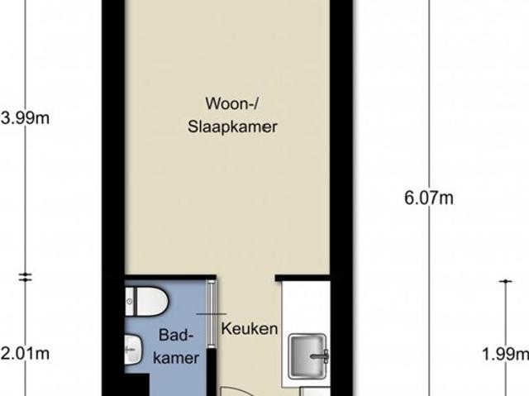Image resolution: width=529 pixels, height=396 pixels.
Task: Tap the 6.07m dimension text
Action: [x=428, y=198]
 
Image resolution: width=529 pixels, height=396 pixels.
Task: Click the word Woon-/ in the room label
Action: [x=228, y=103]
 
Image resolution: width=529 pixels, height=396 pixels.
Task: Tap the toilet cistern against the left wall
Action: [x=131, y=302]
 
